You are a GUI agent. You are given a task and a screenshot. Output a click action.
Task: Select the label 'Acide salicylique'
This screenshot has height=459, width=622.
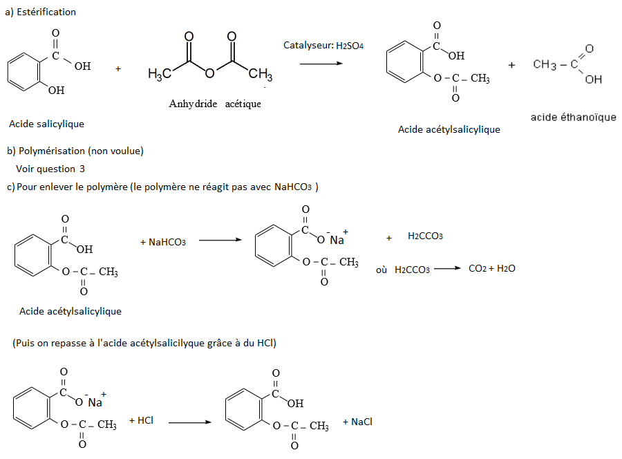coord(47,124)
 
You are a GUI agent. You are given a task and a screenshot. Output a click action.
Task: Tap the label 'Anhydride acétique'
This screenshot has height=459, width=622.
coord(215,104)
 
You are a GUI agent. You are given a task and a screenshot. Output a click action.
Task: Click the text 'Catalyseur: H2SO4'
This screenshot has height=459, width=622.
coord(323,45)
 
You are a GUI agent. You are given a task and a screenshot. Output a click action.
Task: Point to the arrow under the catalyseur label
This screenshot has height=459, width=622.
coord(322,64)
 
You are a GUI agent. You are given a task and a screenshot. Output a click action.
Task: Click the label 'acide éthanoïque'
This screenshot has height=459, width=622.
coord(573,117)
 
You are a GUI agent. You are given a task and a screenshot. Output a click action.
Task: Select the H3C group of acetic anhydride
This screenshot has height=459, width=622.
coord(160,74)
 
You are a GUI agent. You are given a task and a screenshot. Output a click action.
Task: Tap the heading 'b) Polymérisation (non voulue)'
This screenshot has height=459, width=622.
coord(75,151)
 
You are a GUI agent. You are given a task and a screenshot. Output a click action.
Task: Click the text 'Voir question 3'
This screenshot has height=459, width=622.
coord(50,169)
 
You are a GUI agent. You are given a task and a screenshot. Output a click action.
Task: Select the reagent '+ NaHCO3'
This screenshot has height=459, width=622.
coord(162,242)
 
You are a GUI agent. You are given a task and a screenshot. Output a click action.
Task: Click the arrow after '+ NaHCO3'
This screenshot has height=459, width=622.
coord(220,241)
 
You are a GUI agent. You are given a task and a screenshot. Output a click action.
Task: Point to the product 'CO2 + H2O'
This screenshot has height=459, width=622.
coord(491,268)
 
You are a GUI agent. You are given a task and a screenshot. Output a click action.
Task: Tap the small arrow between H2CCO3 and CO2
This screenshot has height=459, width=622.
coord(446,269)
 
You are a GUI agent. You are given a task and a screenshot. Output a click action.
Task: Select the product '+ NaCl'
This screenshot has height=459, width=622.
coord(357,422)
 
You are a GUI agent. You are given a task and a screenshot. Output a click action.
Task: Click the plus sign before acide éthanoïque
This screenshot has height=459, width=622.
coord(511,64)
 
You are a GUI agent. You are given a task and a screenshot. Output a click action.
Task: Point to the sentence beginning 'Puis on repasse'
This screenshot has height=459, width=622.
coord(144,343)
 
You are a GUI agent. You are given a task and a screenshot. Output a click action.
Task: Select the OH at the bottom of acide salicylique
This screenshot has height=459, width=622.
coord(56,90)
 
